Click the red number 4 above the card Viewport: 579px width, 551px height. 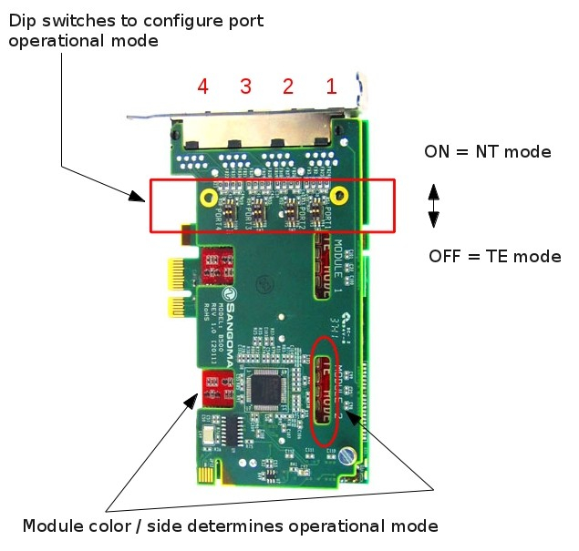(x=203, y=87)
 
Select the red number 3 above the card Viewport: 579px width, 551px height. (x=245, y=87)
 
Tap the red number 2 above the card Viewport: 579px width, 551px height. (x=288, y=87)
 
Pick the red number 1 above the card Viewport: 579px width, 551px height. (x=331, y=87)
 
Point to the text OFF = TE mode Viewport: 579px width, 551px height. (x=494, y=256)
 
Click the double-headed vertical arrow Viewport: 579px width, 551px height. (x=434, y=205)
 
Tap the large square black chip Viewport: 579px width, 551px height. (x=267, y=390)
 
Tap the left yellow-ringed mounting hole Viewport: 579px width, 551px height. (x=210, y=198)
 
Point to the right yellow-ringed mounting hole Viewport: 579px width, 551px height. (x=339, y=194)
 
